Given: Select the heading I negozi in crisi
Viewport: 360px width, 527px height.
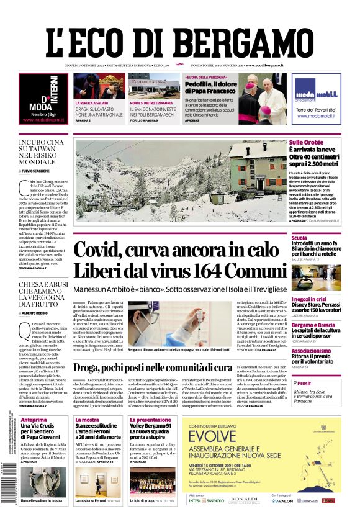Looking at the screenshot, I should tap(312, 299).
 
